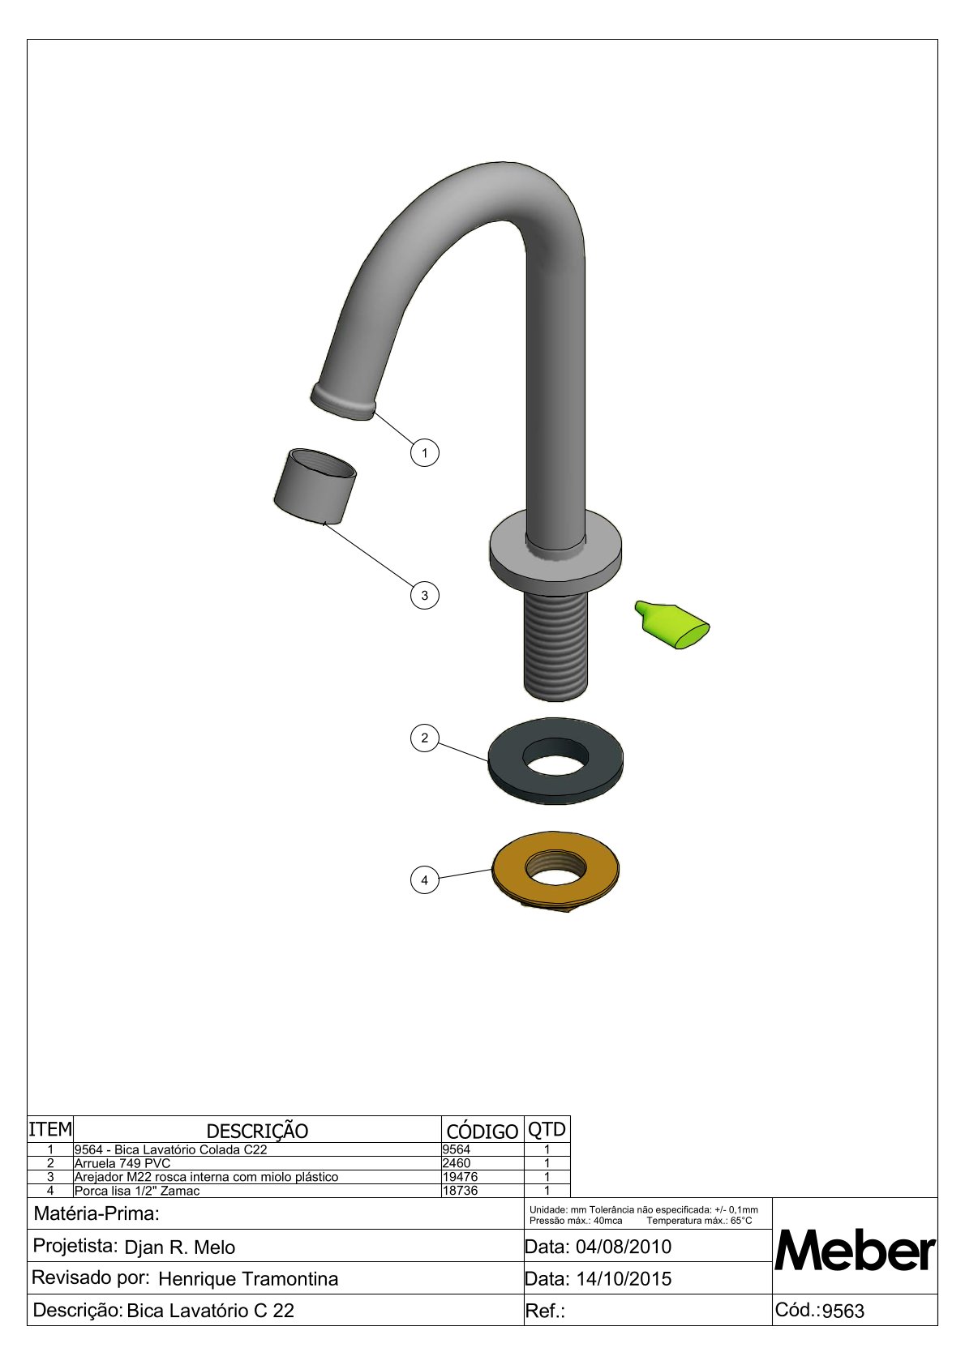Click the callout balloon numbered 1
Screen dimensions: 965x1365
tap(424, 453)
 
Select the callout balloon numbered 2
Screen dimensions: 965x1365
tap(424, 738)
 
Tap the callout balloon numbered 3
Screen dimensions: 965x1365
tap(424, 595)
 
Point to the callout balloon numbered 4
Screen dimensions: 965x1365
tap(424, 880)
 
